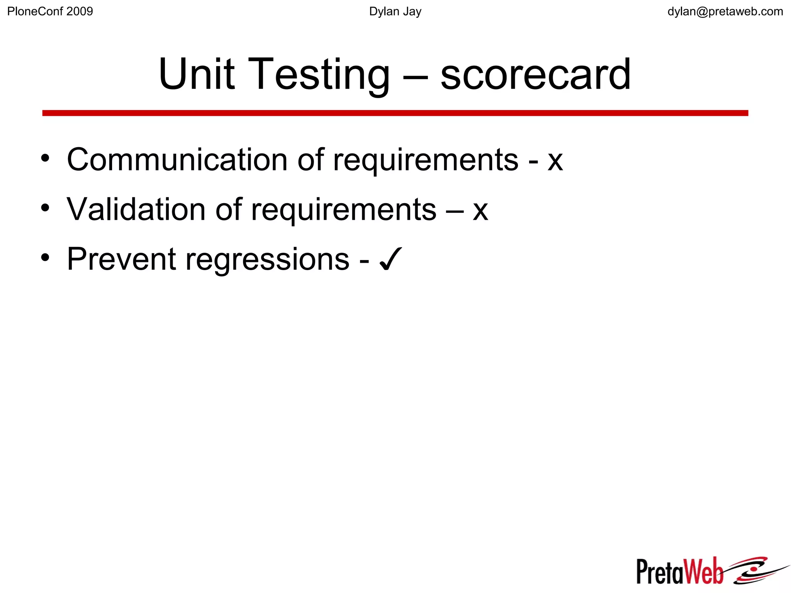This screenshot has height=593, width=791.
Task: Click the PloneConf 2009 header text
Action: (50, 12)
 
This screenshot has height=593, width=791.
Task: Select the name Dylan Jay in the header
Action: (395, 12)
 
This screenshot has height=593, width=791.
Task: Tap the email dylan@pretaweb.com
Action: (725, 12)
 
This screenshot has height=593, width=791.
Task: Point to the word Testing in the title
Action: (321, 75)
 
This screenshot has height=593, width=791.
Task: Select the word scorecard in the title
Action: (535, 75)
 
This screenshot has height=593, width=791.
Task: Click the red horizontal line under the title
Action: (395, 113)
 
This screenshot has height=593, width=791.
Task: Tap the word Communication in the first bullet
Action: (177, 160)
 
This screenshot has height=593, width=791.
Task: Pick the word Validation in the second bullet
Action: (136, 209)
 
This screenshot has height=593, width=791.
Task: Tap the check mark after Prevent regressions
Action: (391, 259)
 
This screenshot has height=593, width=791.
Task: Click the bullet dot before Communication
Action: (46, 158)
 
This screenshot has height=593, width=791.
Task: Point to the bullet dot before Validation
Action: (46, 208)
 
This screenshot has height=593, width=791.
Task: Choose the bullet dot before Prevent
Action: (46, 258)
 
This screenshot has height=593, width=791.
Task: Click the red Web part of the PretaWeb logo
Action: (703, 571)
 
